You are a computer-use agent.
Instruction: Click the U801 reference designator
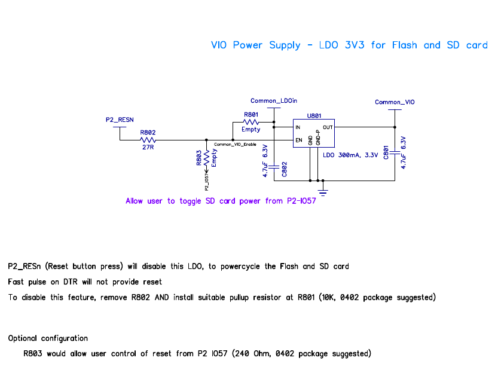pos(314,115)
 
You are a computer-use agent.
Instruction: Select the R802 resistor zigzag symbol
pos(148,140)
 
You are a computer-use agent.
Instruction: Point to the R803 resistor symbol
pos(206,158)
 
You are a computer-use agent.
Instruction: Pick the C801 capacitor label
pos(387,154)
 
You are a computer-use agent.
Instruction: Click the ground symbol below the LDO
pos(323,191)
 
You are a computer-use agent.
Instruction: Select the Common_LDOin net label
pos(273,100)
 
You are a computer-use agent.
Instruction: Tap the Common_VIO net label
pos(395,102)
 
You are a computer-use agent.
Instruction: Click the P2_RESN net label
pos(120,120)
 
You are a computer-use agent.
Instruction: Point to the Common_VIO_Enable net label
pos(235,145)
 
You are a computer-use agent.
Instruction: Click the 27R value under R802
pos(148,147)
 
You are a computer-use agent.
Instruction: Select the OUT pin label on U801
pos(328,127)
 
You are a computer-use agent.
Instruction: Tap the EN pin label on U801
pos(297,141)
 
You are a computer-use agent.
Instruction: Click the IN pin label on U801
pos(297,127)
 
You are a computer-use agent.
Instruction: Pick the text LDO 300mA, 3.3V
pos(350,155)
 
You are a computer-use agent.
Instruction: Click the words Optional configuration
pos(48,338)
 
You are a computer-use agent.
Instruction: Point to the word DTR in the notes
pos(67,282)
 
